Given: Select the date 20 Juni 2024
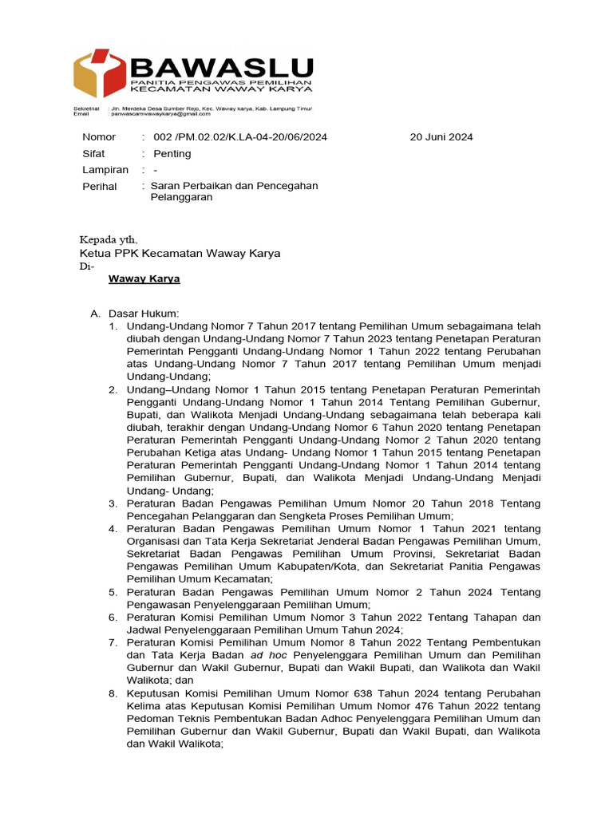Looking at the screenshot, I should click(441, 137).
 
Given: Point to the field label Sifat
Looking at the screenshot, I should click(95, 153).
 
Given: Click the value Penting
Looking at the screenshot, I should click(172, 153).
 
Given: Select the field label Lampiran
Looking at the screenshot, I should click(105, 170).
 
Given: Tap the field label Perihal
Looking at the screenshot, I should click(100, 187).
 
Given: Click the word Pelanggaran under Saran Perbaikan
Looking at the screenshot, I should click(181, 197).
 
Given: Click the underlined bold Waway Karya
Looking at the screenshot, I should click(144, 279).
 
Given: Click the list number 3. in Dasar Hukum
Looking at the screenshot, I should click(113, 503).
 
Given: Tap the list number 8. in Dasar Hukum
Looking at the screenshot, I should click(113, 693).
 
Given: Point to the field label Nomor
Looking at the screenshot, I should click(99, 137).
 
